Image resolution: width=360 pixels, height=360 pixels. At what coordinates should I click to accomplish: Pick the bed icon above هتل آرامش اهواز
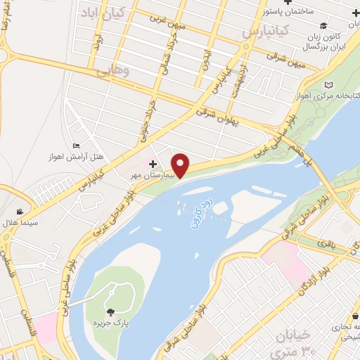[75, 146]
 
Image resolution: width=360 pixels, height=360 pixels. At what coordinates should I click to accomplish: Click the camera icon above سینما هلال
[20, 211]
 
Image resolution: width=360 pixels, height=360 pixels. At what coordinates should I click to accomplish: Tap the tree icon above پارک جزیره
[110, 311]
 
